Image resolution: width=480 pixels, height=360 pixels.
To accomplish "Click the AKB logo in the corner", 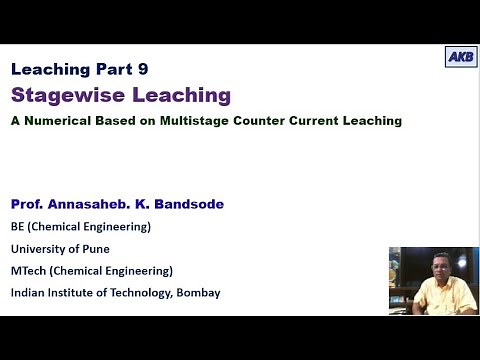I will (460, 57).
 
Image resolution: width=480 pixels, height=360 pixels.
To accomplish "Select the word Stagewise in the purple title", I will (63, 96).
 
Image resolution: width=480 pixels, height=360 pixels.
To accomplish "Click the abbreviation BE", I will (19, 226).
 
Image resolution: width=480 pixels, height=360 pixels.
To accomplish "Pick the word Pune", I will (95, 248).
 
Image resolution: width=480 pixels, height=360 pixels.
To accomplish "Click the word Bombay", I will (195, 292).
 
